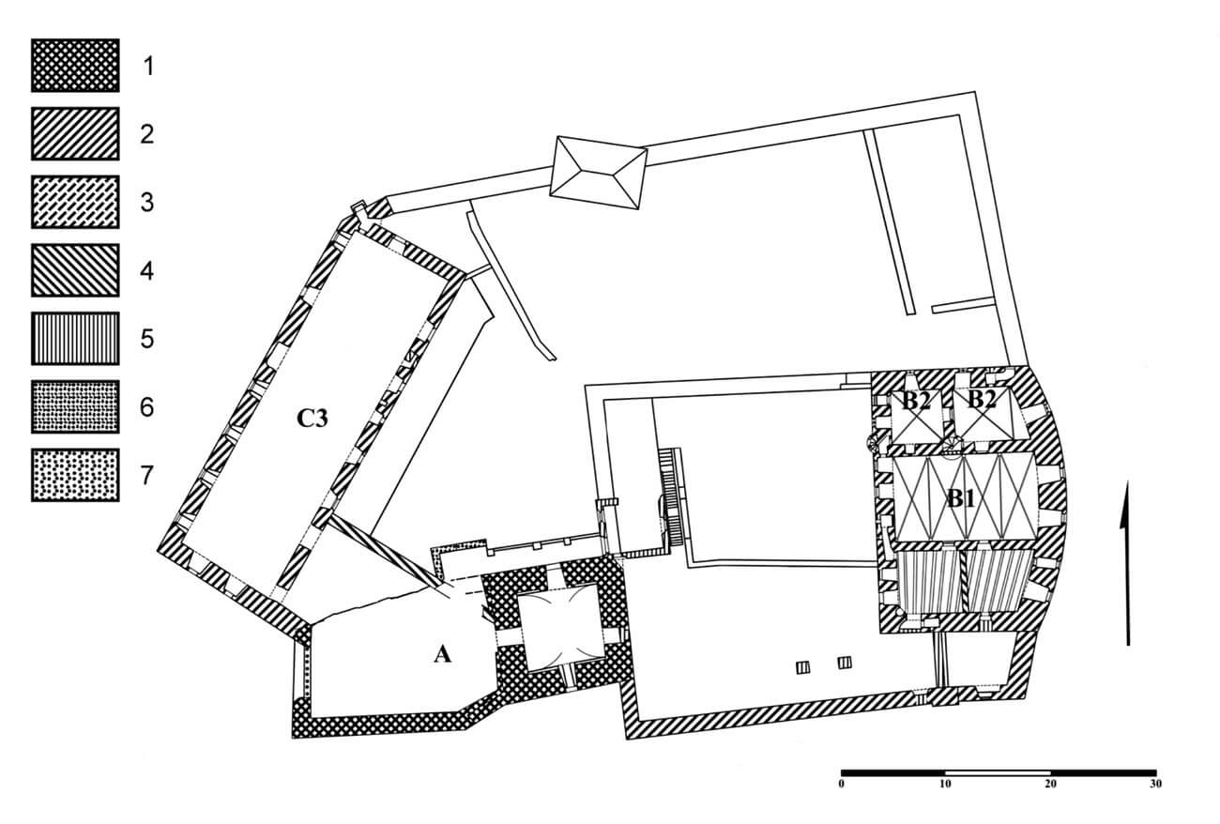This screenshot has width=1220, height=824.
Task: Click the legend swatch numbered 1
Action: pyautogui.click(x=75, y=66)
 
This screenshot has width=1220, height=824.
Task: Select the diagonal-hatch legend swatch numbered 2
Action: pyautogui.click(x=75, y=133)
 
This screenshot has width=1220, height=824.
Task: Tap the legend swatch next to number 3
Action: pyautogui.click(x=75, y=202)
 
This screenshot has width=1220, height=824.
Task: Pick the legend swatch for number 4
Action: pyautogui.click(x=75, y=270)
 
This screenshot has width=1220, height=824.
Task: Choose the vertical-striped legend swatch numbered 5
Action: pyautogui.click(x=75, y=338)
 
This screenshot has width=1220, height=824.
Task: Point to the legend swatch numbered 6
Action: pyautogui.click(x=75, y=406)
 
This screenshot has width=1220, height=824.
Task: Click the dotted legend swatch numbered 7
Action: pyautogui.click(x=75, y=475)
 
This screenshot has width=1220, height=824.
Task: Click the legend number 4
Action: pyautogui.click(x=147, y=270)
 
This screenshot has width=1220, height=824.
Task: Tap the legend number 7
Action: pyautogui.click(x=147, y=476)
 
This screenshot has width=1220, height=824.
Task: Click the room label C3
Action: pyautogui.click(x=313, y=419)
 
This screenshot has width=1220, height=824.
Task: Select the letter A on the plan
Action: pyautogui.click(x=442, y=654)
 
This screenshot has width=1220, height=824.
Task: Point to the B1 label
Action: pyautogui.click(x=960, y=497)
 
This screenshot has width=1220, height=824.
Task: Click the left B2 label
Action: pyautogui.click(x=917, y=401)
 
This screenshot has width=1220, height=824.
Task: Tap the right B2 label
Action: pyautogui.click(x=982, y=400)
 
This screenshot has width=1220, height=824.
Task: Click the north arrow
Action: pyautogui.click(x=1127, y=563)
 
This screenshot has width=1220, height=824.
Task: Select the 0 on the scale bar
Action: pyautogui.click(x=842, y=785)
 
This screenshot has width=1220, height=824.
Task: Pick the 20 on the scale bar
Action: pyautogui.click(x=1050, y=785)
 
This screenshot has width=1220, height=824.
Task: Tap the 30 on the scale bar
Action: pyautogui.click(x=1155, y=785)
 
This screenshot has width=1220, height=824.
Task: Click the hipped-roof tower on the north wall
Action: pyautogui.click(x=598, y=172)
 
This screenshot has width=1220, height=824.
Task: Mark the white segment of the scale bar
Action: pyautogui.click(x=998, y=773)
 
